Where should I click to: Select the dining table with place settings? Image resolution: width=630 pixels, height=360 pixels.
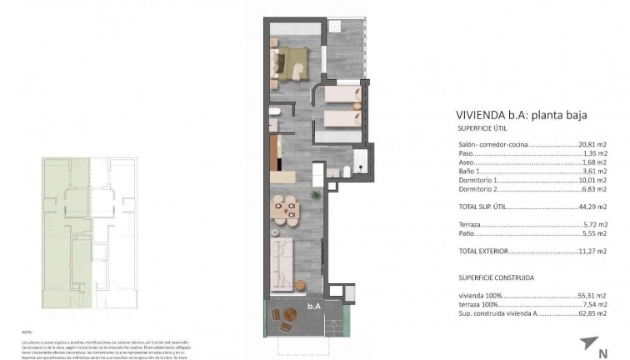coord(288,208)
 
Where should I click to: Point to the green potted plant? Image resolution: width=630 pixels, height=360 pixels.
coord(316,195)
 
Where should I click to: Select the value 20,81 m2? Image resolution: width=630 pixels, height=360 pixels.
coord(592,145)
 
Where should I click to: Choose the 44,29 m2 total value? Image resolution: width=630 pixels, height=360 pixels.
coord(592,207)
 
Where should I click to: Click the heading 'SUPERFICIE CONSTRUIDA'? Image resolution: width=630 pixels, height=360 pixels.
coord(496,277)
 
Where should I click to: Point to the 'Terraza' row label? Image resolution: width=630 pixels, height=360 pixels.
coord(470,225)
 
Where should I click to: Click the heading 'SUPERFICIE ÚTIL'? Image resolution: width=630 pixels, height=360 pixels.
coord(484,129)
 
